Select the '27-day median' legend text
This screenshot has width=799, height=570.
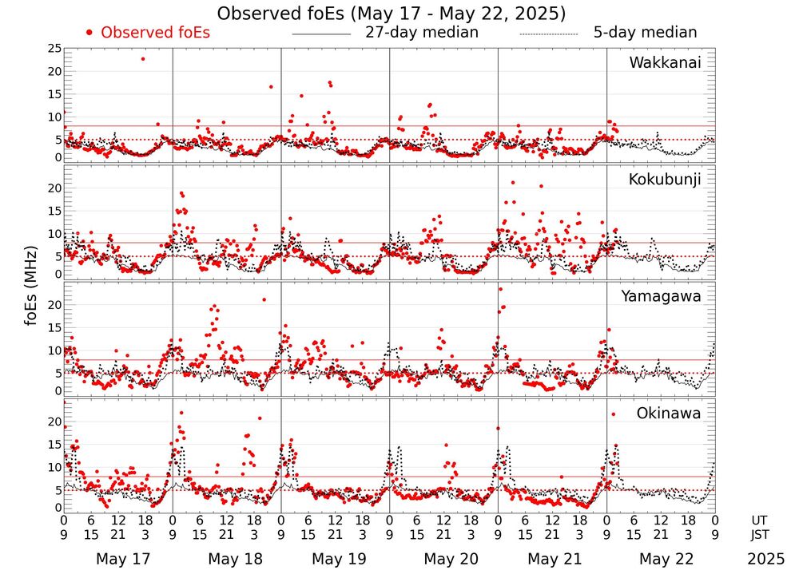click(421, 33)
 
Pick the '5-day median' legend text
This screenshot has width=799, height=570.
click(645, 33)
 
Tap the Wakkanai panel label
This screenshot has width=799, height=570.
click(665, 63)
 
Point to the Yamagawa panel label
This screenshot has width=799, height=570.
click(661, 296)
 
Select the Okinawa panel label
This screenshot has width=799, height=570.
click(669, 414)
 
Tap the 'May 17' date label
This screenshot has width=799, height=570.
click(117, 558)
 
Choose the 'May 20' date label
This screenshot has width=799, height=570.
click(444, 558)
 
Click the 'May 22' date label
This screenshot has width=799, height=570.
click(662, 558)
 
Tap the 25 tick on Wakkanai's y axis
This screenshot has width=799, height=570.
click(54, 49)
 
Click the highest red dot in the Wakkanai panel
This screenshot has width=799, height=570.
click(143, 58)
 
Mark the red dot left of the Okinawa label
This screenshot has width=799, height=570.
click(613, 414)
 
